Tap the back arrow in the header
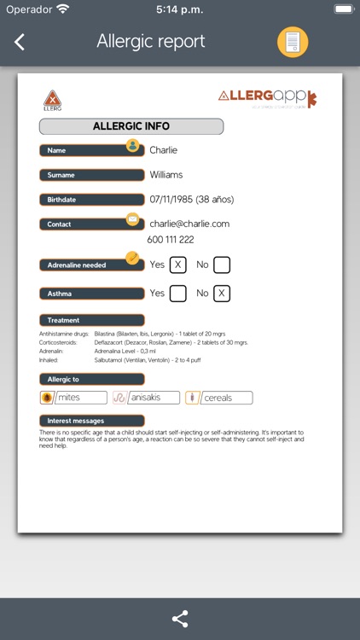point(20,42)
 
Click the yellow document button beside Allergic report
point(293,42)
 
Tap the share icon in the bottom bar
point(180,619)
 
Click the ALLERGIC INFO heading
point(131,126)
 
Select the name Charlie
point(164,150)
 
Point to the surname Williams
point(166,175)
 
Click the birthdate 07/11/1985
point(191,200)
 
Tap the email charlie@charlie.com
point(189,224)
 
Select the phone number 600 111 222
point(171,240)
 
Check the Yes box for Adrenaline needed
point(178,265)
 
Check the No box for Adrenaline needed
point(222,265)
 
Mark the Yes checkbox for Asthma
point(178,294)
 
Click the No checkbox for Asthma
point(222,294)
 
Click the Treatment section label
point(64,320)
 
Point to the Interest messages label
point(76,421)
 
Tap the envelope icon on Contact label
point(132,219)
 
